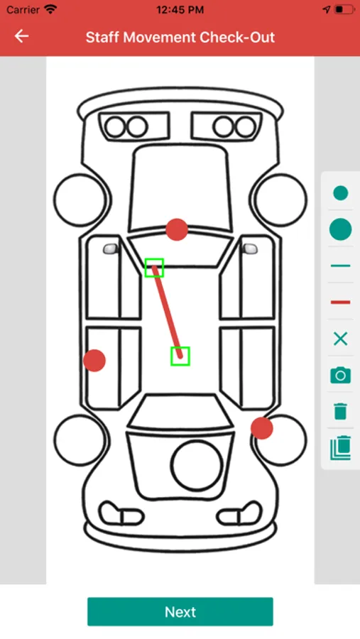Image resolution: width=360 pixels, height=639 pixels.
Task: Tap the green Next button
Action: click(x=180, y=611)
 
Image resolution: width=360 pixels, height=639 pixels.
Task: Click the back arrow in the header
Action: click(x=21, y=36)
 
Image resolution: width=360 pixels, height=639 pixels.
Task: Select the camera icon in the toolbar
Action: click(x=340, y=375)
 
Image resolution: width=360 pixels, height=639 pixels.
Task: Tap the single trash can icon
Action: click(x=340, y=411)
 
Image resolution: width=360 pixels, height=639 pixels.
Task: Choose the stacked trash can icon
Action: click(x=340, y=448)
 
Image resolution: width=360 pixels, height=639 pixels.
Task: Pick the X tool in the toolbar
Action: click(x=340, y=339)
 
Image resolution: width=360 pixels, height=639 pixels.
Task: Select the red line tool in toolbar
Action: click(x=340, y=302)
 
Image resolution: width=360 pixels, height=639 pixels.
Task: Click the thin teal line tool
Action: click(x=340, y=266)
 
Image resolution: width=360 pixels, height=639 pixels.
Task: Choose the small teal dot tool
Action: click(x=340, y=192)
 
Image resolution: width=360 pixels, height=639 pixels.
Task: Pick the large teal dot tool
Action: click(x=340, y=229)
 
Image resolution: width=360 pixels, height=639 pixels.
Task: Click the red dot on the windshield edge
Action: click(x=177, y=229)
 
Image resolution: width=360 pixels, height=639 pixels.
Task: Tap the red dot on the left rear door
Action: click(x=94, y=360)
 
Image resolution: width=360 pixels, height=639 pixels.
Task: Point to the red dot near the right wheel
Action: click(x=262, y=428)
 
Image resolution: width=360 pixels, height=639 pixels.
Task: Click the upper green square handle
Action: click(x=154, y=268)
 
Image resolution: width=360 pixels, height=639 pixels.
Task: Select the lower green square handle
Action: click(x=180, y=356)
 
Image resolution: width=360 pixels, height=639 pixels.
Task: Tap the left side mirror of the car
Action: click(x=111, y=248)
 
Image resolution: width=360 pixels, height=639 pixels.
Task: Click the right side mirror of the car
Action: click(x=250, y=248)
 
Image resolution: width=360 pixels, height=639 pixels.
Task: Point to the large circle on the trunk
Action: click(x=197, y=465)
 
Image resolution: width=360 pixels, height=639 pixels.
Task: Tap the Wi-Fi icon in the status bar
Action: click(x=51, y=9)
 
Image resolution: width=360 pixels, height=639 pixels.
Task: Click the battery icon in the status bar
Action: click(x=344, y=9)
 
